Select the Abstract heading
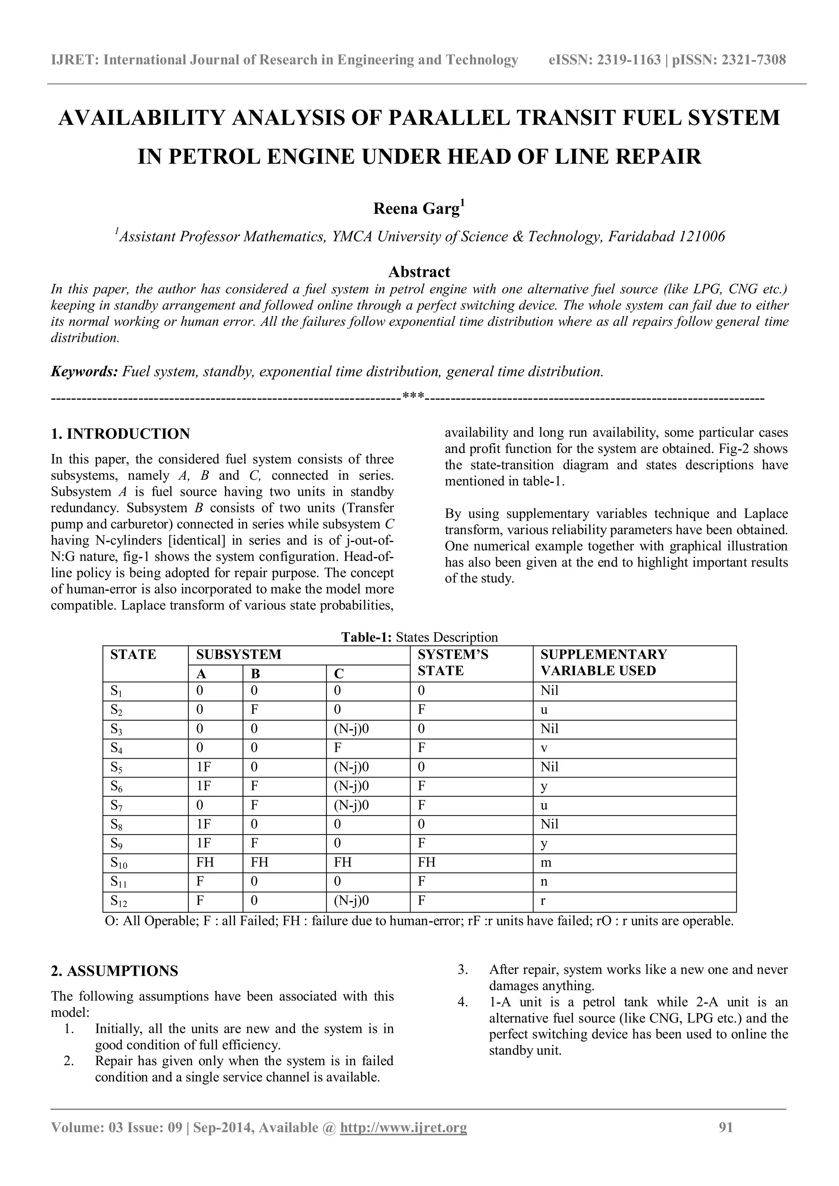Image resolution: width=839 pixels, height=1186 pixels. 419,272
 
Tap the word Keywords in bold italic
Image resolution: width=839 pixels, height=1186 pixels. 84,372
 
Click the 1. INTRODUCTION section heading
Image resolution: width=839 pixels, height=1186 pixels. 120,433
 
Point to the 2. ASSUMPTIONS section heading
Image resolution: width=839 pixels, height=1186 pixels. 114,971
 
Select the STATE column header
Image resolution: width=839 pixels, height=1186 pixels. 133,655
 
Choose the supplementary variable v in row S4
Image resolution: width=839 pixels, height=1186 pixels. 544,748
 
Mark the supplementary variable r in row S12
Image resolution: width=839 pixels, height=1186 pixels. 543,901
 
